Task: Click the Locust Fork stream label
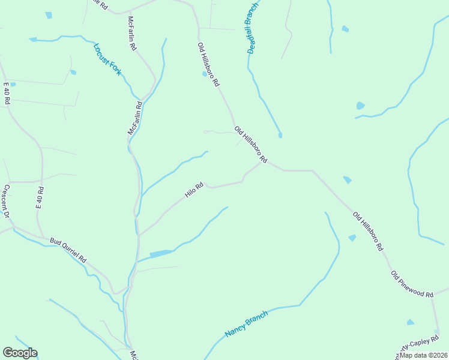tap(107, 59)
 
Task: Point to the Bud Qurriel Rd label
tap(68, 250)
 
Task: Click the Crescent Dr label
tap(7, 201)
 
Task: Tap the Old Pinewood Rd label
tap(412, 284)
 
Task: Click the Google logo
tap(20, 353)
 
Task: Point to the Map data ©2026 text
tap(423, 355)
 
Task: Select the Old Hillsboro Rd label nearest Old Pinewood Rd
tap(368, 231)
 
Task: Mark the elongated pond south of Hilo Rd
tap(161, 254)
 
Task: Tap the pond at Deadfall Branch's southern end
tap(280, 135)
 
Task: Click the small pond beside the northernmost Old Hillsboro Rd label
tap(205, 74)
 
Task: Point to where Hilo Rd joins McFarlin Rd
tap(139, 235)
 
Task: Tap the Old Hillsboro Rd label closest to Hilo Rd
tap(250, 144)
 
